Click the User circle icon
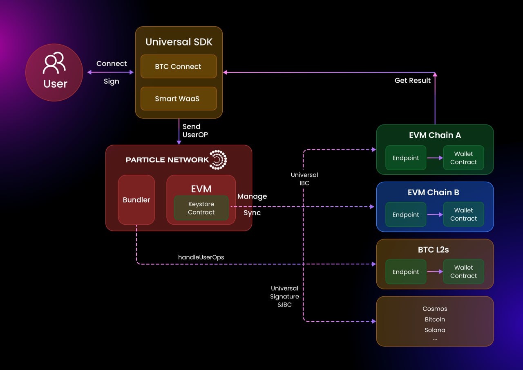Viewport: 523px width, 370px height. coord(54,72)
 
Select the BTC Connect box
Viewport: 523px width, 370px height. coord(179,66)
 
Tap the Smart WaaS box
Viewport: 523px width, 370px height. coord(179,99)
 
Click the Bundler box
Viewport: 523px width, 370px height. coord(136,200)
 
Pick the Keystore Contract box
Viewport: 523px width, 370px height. coord(201,208)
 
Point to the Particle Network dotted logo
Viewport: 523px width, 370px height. coord(218,160)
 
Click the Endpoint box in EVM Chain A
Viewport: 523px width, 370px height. coord(406,158)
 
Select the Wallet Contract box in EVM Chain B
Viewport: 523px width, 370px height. coord(463,214)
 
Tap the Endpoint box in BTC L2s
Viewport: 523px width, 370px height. coord(406,272)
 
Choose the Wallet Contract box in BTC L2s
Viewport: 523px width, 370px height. coord(463,272)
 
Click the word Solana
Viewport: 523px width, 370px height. coord(435,330)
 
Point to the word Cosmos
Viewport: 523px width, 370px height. coord(435,309)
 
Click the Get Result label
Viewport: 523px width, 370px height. coord(413,81)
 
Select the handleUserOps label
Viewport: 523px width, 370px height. coord(201,257)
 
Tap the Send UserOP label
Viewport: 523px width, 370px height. coord(192,131)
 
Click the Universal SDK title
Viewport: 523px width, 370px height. coord(179,42)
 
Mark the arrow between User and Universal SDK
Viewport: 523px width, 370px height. coord(111,72)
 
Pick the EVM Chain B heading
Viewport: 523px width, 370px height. coord(435,192)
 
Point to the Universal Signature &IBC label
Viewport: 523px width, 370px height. coord(284,296)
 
